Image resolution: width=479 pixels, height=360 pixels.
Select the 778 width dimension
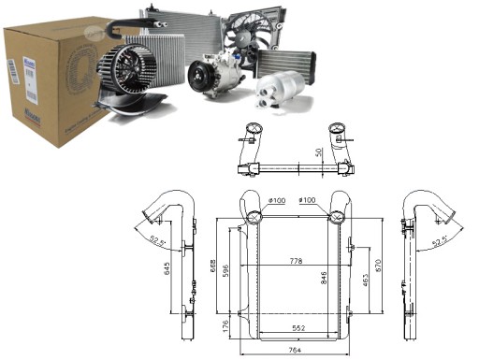[x=297, y=260]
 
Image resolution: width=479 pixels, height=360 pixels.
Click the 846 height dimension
[x=323, y=279]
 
